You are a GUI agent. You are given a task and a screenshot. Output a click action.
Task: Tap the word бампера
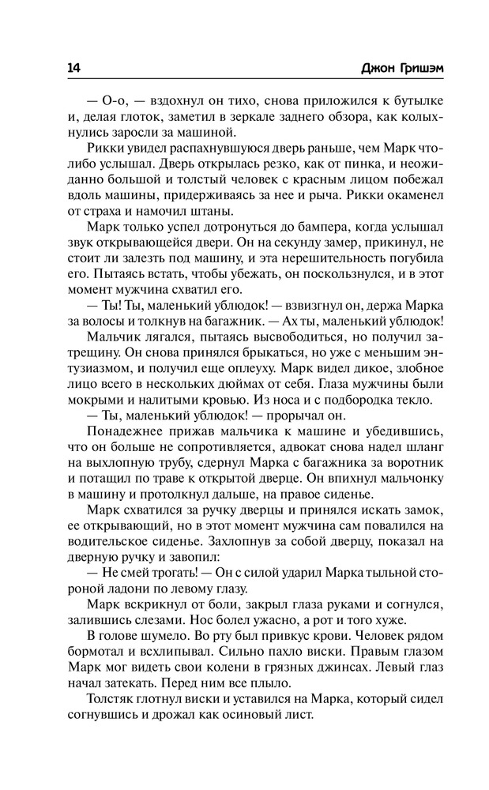(x=286, y=227)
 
